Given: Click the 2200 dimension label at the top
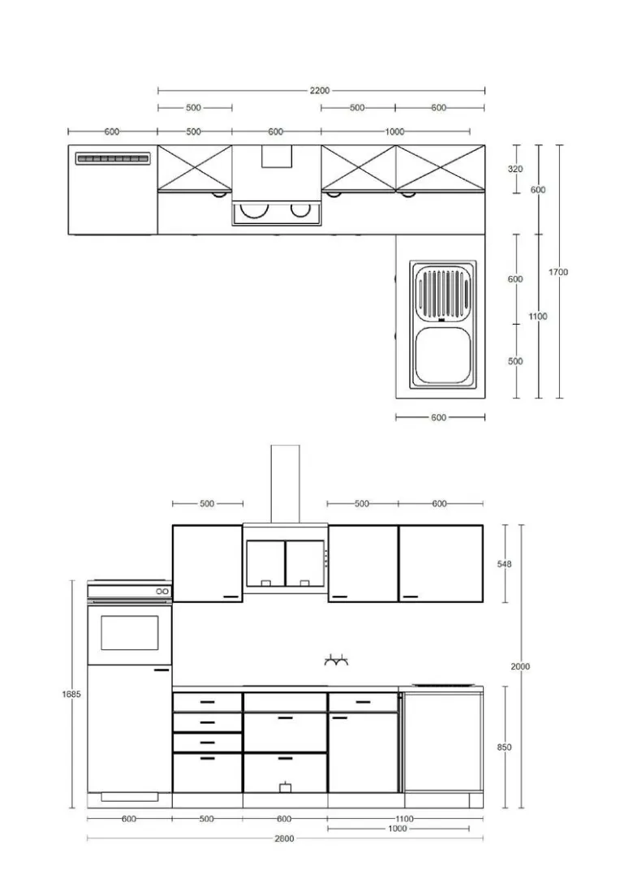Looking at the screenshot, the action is pyautogui.click(x=320, y=90).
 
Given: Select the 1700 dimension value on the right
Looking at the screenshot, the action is pyautogui.click(x=558, y=272).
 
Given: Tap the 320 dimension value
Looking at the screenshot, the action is pyautogui.click(x=515, y=169).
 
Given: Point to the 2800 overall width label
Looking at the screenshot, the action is pyautogui.click(x=284, y=839).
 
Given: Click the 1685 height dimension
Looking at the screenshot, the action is pyautogui.click(x=71, y=694).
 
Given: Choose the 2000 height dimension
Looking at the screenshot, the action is pyautogui.click(x=520, y=666).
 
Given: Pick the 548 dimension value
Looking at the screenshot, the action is pyautogui.click(x=504, y=564).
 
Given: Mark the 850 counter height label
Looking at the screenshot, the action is pyautogui.click(x=504, y=747).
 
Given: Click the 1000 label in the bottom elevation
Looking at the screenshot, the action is pyautogui.click(x=397, y=829).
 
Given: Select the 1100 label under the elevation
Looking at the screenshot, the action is pyautogui.click(x=404, y=819).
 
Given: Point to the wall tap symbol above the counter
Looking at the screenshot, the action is pyautogui.click(x=336, y=661).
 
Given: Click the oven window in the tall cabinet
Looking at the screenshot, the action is pyautogui.click(x=130, y=632).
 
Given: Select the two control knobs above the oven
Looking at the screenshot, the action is pyautogui.click(x=163, y=592).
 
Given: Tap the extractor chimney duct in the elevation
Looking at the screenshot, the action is pyautogui.click(x=285, y=484).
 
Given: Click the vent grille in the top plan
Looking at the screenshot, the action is pyautogui.click(x=113, y=159).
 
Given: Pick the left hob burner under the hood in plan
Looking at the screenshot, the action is pyautogui.click(x=252, y=210).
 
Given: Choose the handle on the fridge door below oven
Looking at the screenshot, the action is pyautogui.click(x=161, y=669).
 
